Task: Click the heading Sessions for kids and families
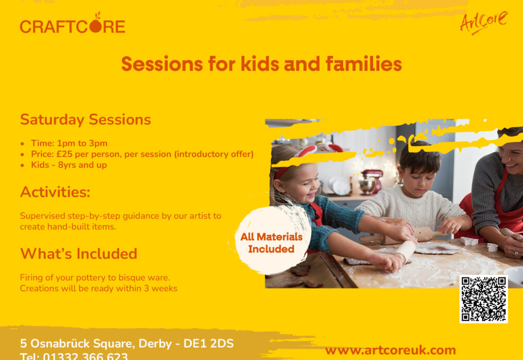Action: click(261, 64)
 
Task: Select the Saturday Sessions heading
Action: click(86, 120)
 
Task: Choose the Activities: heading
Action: click(55, 192)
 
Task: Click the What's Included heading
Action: click(78, 254)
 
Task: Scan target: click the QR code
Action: click(483, 299)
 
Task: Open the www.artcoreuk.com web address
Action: click(390, 350)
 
